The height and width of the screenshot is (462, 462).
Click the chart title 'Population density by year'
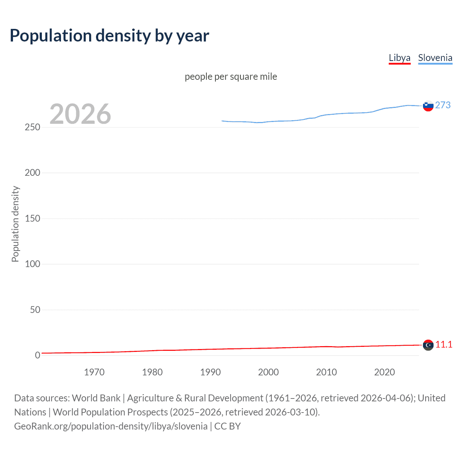click(109, 36)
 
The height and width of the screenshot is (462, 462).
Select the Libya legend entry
click(399, 58)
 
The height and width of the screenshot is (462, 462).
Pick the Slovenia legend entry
click(435, 58)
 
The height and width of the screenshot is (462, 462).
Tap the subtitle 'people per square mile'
click(231, 77)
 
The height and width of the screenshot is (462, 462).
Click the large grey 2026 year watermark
click(80, 114)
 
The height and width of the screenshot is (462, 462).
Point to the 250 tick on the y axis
click(32, 127)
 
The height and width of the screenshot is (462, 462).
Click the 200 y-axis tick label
click(32, 173)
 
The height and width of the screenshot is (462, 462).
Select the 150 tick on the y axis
click(32, 218)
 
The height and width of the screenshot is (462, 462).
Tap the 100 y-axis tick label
click(32, 264)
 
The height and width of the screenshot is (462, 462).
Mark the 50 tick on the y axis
click(35, 310)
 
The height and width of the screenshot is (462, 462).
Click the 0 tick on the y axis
click(38, 355)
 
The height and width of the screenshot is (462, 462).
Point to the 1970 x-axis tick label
click(94, 372)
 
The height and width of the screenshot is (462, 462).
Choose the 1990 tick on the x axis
click(210, 372)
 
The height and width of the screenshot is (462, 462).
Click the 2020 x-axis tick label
click(384, 372)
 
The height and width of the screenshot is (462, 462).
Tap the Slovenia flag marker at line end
click(428, 106)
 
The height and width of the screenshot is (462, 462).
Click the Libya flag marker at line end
click(428, 345)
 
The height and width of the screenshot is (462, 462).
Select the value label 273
click(443, 105)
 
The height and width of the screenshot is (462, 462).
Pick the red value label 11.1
click(444, 344)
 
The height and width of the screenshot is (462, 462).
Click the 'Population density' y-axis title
click(15, 224)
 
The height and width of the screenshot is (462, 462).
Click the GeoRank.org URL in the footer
click(111, 426)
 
